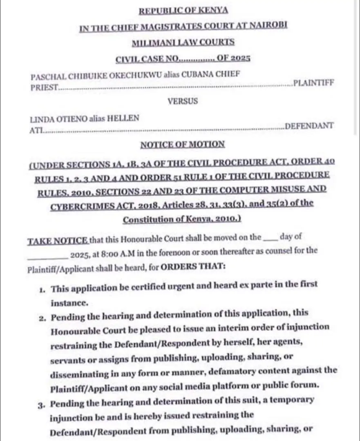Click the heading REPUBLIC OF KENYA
tap(183, 10)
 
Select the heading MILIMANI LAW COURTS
tap(183, 42)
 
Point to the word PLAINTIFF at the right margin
tap(314, 83)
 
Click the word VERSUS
tap(183, 101)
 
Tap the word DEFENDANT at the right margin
tap(309, 125)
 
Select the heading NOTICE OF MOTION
tap(183, 144)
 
